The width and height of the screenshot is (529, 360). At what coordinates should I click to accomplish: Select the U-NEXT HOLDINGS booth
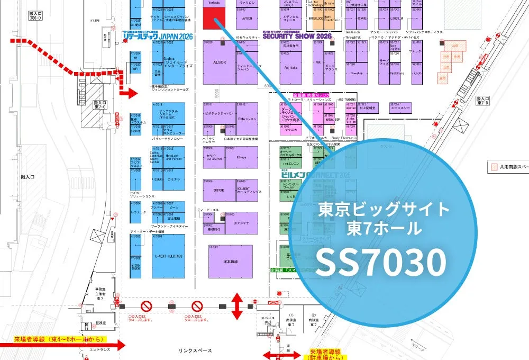click(x=168, y=255)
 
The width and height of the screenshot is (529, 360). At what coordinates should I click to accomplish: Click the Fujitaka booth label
click(x=290, y=68)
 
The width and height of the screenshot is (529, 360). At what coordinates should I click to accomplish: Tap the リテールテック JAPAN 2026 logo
click(x=157, y=36)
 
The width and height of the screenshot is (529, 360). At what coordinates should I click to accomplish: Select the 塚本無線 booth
click(x=230, y=262)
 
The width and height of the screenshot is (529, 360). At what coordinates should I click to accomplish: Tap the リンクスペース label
click(x=195, y=350)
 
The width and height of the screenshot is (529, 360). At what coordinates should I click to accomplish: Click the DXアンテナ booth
click(x=241, y=223)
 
